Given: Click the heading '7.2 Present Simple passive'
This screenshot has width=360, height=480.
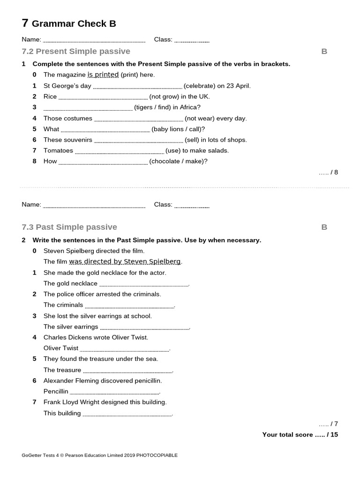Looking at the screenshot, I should click(x=76, y=51).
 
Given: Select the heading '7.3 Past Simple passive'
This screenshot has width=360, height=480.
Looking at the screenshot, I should click(x=69, y=227).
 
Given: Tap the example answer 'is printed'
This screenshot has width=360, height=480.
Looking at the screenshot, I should click(x=103, y=75).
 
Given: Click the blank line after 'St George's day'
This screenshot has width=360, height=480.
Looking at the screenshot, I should click(x=137, y=87).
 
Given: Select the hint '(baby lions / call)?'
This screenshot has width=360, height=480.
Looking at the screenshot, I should click(x=178, y=129).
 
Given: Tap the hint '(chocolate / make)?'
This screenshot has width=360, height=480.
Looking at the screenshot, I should click(x=178, y=161).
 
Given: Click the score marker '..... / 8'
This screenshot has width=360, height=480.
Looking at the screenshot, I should click(x=328, y=172).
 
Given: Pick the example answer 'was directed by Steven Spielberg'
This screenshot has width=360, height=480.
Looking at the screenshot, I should click(x=125, y=262).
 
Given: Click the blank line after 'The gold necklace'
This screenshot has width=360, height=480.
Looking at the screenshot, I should click(x=143, y=285).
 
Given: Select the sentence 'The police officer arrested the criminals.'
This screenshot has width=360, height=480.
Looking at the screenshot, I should click(x=102, y=294).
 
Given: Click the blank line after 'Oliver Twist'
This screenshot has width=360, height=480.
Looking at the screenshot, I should click(x=124, y=349).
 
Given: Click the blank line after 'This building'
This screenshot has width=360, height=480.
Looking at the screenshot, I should click(x=127, y=414).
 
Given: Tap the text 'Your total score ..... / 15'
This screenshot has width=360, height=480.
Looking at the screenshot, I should click(x=300, y=435).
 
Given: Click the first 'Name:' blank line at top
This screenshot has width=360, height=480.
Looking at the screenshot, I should click(x=94, y=41).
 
